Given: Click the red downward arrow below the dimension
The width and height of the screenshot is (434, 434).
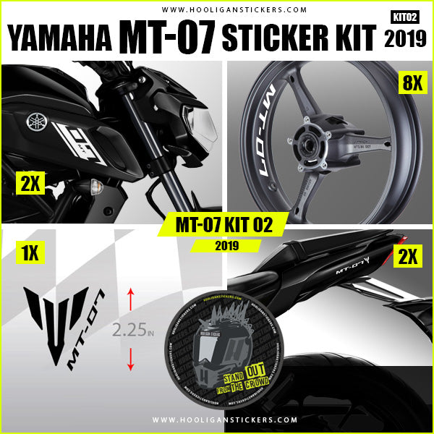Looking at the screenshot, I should [x=131, y=359].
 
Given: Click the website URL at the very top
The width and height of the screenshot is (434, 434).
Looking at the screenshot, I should [x=217, y=10].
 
